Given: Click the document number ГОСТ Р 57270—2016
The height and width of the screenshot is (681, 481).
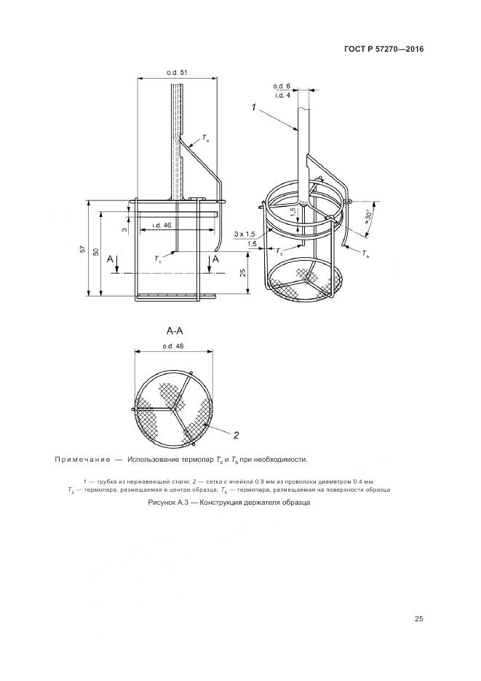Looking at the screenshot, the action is point(383,49).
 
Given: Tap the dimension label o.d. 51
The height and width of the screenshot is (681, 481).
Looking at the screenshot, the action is point(177,73).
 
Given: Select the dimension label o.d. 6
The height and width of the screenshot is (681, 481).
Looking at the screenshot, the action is point(282,87).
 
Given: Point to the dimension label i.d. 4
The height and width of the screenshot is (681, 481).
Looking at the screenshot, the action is point(282,95).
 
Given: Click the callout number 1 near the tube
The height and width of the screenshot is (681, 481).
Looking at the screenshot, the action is point(254,107).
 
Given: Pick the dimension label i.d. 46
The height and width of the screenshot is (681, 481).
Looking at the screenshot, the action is point(162,225).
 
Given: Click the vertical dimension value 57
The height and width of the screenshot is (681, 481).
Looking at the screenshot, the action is point(83,249).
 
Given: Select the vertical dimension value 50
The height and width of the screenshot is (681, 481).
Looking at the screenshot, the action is point(96,252).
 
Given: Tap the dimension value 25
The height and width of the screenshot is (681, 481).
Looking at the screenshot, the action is point(243,272).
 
